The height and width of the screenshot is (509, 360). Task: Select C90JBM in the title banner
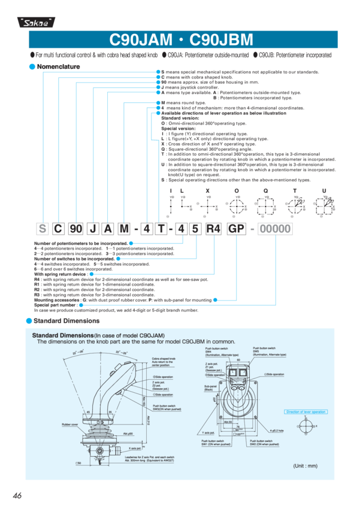(x=221, y=40)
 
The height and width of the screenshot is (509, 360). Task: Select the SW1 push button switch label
(x=214, y=443)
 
